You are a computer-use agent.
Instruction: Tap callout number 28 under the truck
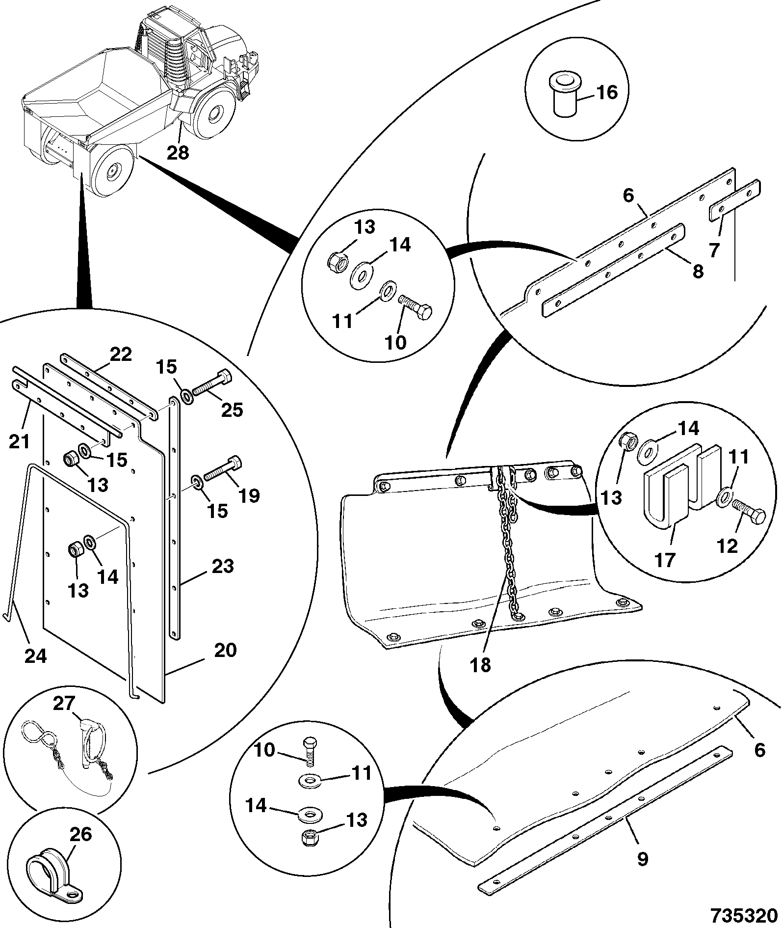click(177, 153)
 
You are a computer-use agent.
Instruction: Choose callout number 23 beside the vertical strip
click(222, 566)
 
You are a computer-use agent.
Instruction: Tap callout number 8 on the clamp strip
click(698, 271)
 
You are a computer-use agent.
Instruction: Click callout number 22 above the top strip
click(121, 354)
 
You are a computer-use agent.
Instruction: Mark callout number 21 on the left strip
click(19, 442)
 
